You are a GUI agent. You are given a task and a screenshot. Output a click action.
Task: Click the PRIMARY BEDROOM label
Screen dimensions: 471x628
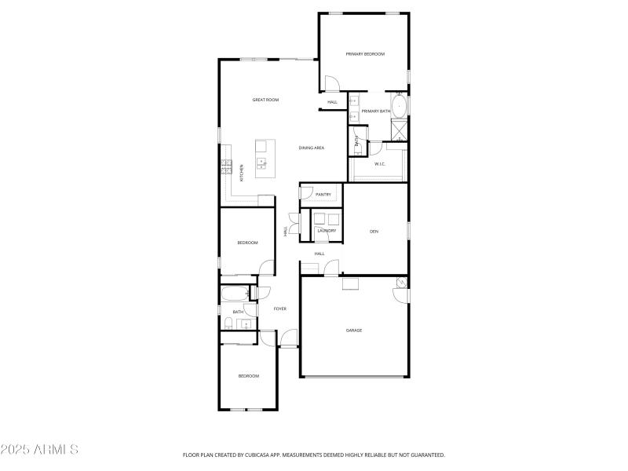point(365,53)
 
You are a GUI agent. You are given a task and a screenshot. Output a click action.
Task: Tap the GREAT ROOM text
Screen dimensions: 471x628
point(265,100)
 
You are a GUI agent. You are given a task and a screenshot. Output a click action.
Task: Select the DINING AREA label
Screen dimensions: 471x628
point(312,148)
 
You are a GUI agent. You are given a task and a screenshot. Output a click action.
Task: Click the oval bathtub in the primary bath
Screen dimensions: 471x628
point(400,105)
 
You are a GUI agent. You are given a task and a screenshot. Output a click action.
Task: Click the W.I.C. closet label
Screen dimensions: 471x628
point(379,164)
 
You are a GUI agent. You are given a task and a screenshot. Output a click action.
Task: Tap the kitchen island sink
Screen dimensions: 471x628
point(261,162)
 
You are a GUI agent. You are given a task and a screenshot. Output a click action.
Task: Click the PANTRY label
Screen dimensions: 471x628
point(323,194)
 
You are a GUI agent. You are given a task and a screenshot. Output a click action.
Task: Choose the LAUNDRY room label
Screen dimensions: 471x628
point(327,231)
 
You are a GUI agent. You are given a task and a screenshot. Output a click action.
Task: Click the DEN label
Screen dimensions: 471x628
point(374,231)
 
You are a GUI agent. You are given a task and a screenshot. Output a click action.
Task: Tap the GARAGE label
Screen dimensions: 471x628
point(354,330)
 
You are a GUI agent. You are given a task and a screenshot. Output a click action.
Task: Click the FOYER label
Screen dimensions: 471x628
point(279,309)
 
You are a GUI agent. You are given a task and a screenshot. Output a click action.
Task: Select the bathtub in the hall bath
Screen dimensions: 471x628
point(234,294)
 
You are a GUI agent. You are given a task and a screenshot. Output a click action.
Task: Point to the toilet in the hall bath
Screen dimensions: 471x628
point(227,323)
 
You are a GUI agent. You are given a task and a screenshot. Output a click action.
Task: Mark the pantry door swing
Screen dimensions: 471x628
point(306,193)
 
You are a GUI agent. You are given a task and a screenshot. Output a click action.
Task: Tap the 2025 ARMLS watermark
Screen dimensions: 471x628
point(39,450)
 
